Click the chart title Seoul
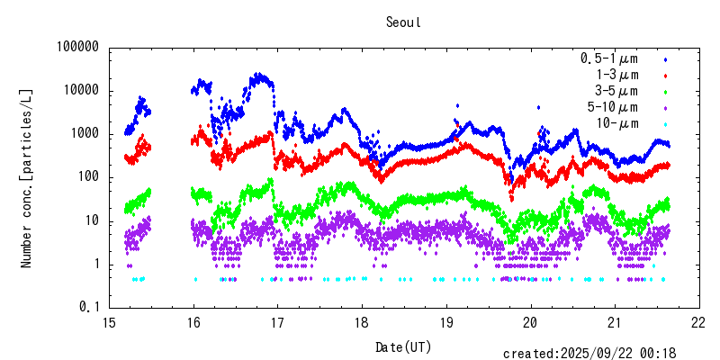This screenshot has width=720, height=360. [x=403, y=22]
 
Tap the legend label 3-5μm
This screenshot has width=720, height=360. [x=616, y=91]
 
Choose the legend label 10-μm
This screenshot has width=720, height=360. [x=616, y=123]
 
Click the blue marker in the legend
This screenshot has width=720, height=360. [x=665, y=59]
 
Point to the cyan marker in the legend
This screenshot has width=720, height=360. [x=665, y=124]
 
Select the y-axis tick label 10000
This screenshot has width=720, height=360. [x=81, y=91]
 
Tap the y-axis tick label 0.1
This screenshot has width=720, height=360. [x=90, y=307]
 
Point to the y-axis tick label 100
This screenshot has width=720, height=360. [x=87, y=177]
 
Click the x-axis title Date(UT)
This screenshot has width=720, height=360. [x=403, y=346]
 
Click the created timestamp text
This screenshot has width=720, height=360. [x=589, y=354]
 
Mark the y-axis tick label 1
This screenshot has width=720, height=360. [x=94, y=264]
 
